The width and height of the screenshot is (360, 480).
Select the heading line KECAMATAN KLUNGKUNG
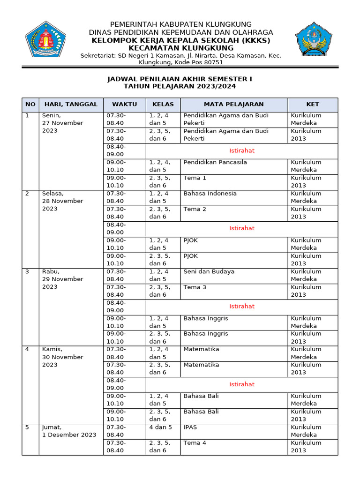180,48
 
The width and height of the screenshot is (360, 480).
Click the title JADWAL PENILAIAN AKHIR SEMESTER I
180,79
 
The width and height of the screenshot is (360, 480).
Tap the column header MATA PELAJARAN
233,105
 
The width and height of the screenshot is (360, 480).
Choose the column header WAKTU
124,105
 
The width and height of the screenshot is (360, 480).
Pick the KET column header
312,105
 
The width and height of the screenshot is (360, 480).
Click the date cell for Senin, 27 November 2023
62,123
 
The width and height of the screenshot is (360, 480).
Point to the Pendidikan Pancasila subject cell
215,162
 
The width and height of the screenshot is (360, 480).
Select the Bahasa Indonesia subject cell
210,194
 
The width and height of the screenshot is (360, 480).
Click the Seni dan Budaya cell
209,271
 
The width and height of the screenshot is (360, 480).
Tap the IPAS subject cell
191,427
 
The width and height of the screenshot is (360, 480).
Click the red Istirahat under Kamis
242,384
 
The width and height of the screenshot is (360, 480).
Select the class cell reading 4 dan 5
160,427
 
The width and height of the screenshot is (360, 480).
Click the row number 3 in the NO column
27,271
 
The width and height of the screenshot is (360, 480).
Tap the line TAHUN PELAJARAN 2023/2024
180,87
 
